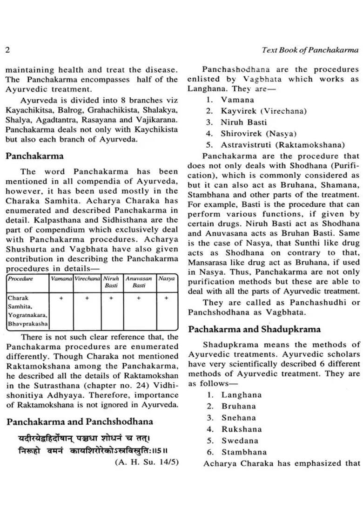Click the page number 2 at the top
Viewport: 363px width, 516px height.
(7, 49)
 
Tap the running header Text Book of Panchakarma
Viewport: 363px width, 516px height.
(310, 49)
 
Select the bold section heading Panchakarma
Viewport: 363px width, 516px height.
(34, 156)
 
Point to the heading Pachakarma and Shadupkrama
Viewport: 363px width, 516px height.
(254, 329)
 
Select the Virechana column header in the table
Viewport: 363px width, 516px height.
(87, 278)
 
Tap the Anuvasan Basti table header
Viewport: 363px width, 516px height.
(139, 282)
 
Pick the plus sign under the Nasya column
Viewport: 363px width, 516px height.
(166, 298)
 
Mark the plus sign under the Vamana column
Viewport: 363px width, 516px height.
(61, 298)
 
